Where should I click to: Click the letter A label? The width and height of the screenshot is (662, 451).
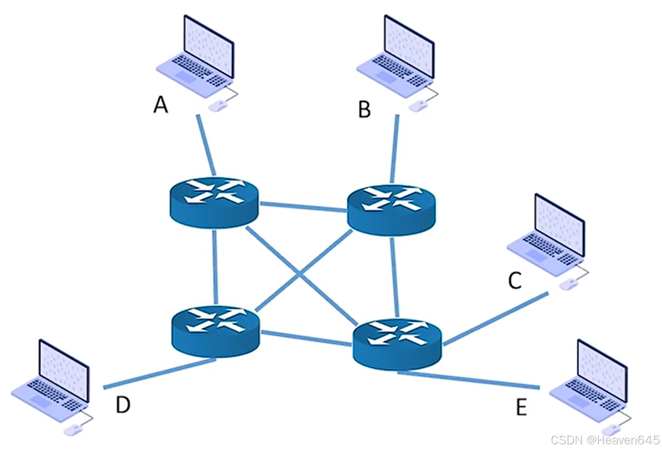(161, 104)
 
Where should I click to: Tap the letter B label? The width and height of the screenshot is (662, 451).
(365, 109)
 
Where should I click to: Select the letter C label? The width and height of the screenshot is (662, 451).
(515, 280)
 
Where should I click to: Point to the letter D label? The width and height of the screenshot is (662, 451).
(123, 404)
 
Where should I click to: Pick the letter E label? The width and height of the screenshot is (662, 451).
(522, 407)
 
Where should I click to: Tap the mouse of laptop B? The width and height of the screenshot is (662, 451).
(417, 105)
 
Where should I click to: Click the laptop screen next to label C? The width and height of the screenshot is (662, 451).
(560, 225)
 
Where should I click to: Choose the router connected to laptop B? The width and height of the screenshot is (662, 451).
(391, 210)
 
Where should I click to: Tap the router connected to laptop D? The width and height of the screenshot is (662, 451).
(215, 332)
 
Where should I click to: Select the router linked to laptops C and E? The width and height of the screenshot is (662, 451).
(397, 344)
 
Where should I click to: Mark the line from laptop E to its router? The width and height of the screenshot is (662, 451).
(469, 379)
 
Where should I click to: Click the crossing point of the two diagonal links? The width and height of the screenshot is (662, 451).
(301, 274)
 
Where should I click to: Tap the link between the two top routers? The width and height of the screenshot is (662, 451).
(302, 207)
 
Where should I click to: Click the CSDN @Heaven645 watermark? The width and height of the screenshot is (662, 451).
(605, 440)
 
